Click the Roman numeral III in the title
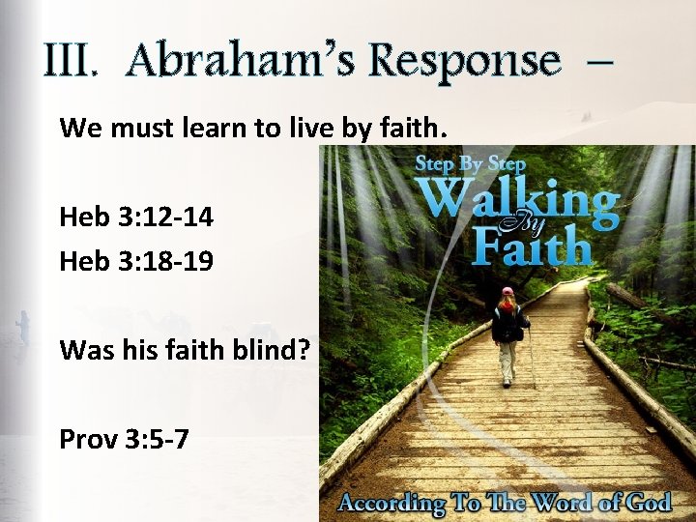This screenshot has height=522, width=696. click(71, 61)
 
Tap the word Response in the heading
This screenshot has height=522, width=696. click(464, 61)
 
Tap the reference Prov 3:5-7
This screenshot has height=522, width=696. click(124, 440)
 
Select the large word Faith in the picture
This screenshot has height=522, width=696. click(532, 247)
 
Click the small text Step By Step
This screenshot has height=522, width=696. click(470, 163)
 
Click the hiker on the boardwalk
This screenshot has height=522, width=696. click(508, 333)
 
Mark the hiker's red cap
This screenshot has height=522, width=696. click(507, 291)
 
